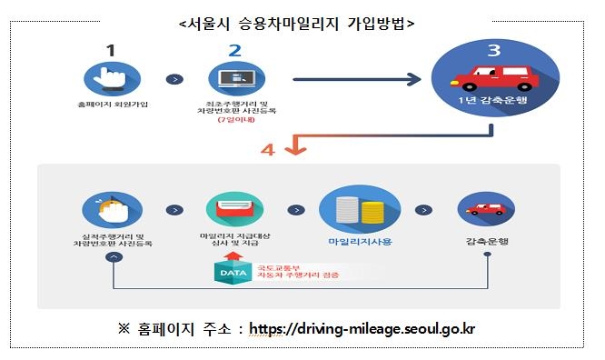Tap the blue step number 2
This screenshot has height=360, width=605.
pyautogui.click(x=233, y=50)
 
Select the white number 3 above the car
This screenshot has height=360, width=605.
pyautogui.click(x=492, y=50)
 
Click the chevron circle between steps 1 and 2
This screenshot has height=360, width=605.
pyautogui.click(x=171, y=79)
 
